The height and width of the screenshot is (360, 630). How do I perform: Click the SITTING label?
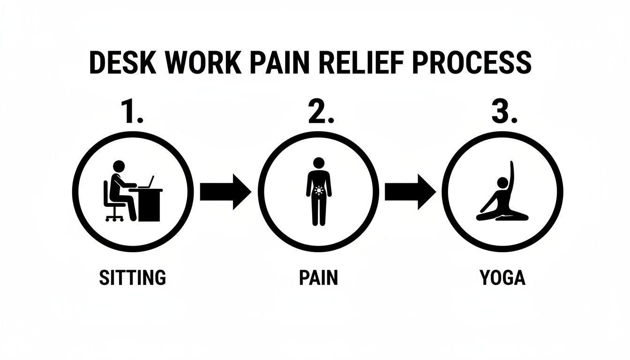point(133,277)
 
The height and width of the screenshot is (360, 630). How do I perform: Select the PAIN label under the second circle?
point(318,277)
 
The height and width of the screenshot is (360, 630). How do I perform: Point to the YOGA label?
point(502,277)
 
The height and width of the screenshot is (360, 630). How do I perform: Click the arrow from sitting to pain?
point(225,192)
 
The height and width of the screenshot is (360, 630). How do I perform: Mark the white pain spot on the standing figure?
point(319,190)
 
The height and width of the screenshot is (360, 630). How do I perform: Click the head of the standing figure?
point(319,163)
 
